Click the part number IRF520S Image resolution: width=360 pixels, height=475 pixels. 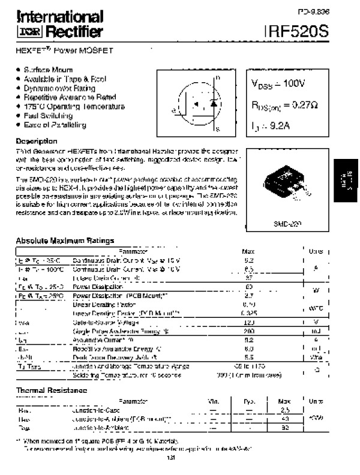[x=296, y=32]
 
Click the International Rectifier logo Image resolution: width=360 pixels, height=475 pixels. [x=59, y=24]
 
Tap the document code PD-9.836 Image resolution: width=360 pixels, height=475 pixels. [x=314, y=11]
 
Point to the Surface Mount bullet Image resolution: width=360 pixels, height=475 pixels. [x=48, y=70]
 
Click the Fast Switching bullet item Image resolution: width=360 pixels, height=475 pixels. [x=49, y=116]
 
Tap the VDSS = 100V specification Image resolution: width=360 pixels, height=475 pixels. [x=278, y=84]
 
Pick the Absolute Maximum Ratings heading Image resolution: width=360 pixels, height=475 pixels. [x=65, y=240]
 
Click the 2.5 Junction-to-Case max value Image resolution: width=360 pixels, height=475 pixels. [x=285, y=410]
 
